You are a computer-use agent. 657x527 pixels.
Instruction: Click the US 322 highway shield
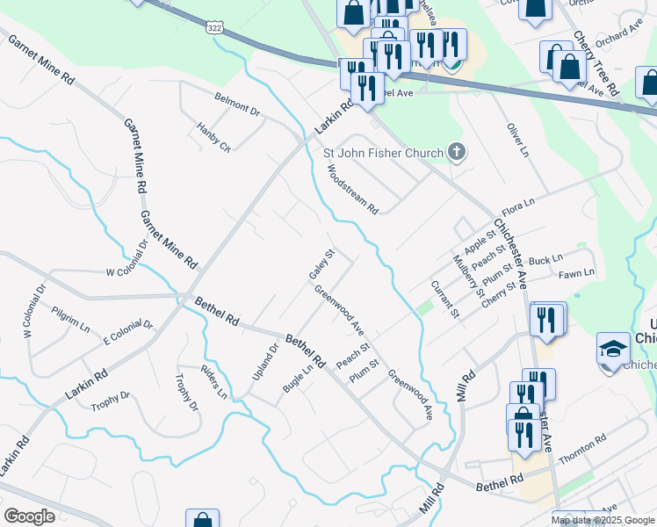tap(214, 28)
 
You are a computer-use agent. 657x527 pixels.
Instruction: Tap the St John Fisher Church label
tap(383, 154)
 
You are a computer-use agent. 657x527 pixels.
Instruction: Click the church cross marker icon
tap(456, 153)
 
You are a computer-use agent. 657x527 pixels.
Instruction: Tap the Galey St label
tap(322, 265)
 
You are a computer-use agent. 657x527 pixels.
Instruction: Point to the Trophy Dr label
tap(186, 393)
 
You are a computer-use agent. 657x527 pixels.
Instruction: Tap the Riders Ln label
tap(213, 382)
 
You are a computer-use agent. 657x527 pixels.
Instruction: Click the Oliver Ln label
tap(518, 141)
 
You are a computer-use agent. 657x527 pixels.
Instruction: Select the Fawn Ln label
tap(576, 273)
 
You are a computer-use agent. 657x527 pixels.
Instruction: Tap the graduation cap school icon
tap(613, 349)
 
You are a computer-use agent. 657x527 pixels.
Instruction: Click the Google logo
tap(29, 516)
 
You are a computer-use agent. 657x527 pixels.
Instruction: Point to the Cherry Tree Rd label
tap(597, 64)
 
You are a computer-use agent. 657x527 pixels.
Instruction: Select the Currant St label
tap(444, 299)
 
